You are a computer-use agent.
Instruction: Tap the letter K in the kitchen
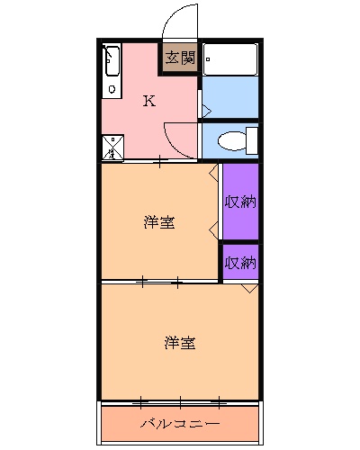(149, 100)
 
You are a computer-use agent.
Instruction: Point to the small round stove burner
(112, 88)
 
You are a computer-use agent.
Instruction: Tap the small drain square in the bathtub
(209, 59)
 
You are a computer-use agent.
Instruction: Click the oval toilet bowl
(231, 140)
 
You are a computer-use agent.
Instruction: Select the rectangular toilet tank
(252, 140)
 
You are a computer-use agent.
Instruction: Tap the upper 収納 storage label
(240, 201)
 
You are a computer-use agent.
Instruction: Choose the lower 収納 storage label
(240, 263)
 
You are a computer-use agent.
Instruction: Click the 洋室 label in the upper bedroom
(159, 222)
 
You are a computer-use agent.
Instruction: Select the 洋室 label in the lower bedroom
(180, 342)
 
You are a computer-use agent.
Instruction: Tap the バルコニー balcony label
(180, 422)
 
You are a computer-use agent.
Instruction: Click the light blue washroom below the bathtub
(229, 99)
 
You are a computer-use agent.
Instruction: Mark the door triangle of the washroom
(205, 111)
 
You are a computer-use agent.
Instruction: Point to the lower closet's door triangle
(249, 288)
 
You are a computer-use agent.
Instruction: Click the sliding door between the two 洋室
(160, 283)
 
